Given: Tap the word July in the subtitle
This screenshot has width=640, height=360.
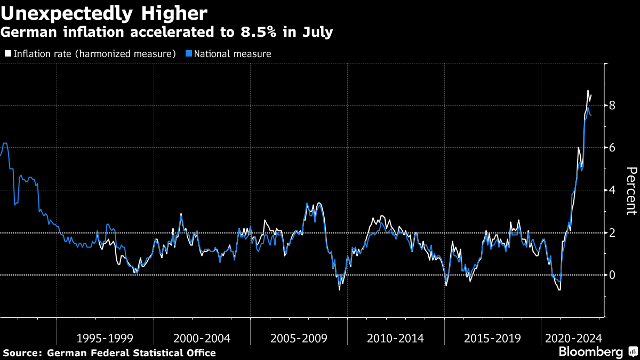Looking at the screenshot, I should click(318, 32).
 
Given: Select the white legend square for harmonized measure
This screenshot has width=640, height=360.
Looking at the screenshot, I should click(7, 54).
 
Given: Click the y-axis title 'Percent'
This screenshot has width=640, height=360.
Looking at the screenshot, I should click(631, 190).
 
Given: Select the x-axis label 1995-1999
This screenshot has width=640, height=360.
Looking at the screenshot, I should click(105, 338).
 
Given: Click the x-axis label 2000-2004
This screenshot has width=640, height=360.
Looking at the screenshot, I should click(202, 338).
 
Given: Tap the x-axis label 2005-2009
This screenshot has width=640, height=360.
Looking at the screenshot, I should click(299, 338).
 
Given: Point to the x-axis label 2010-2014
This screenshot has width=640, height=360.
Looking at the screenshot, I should click(396, 338).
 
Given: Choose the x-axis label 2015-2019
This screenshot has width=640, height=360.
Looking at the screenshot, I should click(492, 338).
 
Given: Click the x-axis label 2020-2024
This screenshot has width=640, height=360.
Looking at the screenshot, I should click(573, 338).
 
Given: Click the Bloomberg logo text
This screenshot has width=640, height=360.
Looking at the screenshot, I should click(590, 352).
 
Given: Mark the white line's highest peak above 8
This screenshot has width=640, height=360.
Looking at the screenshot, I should click(588, 91).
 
